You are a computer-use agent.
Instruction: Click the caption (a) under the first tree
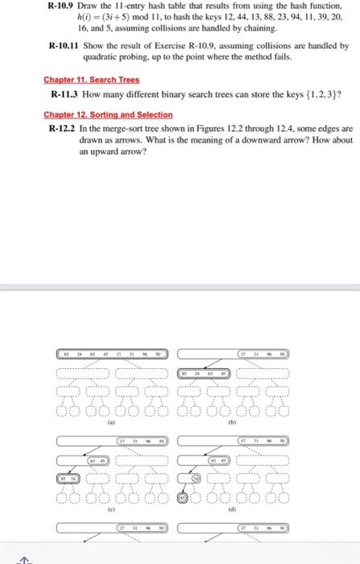coord(111,421)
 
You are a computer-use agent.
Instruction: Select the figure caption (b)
coord(233,421)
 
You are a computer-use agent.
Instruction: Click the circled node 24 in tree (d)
coord(195,479)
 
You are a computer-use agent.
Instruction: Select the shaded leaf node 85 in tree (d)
coord(183,498)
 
